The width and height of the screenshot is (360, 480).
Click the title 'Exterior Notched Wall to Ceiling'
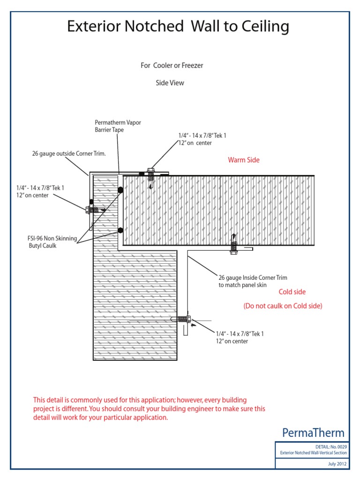178,27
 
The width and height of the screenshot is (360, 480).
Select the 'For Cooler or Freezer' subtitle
172,66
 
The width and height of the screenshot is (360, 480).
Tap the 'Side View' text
170,83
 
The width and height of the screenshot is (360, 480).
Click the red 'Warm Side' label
243,160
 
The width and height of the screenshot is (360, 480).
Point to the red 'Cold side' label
292,292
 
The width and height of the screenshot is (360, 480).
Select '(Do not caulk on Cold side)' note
282,306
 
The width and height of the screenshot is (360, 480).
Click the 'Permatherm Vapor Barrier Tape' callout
118,126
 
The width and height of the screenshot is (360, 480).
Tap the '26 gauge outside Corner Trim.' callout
69,153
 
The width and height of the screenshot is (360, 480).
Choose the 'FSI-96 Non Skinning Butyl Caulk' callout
52,242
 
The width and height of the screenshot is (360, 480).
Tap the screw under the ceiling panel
234,246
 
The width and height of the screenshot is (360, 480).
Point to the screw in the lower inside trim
184,319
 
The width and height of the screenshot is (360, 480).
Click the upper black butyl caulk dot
120,189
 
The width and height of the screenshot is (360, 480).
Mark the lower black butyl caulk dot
120,230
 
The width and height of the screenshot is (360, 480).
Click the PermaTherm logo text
314,433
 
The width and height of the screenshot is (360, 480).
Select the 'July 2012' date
337,464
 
